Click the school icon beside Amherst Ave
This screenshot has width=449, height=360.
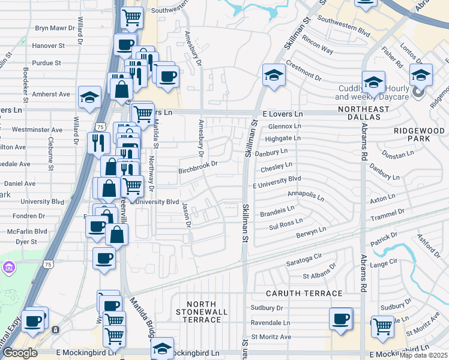point(89,97)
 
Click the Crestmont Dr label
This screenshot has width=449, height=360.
point(304,70)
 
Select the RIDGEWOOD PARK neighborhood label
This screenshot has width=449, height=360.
point(420,134)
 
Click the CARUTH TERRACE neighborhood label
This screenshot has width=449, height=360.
point(305,293)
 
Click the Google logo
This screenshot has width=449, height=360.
point(20,353)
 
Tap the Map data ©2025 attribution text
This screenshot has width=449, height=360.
point(423,355)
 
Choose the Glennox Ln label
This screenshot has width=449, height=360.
point(285,127)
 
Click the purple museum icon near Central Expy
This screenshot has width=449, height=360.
point(9,266)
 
